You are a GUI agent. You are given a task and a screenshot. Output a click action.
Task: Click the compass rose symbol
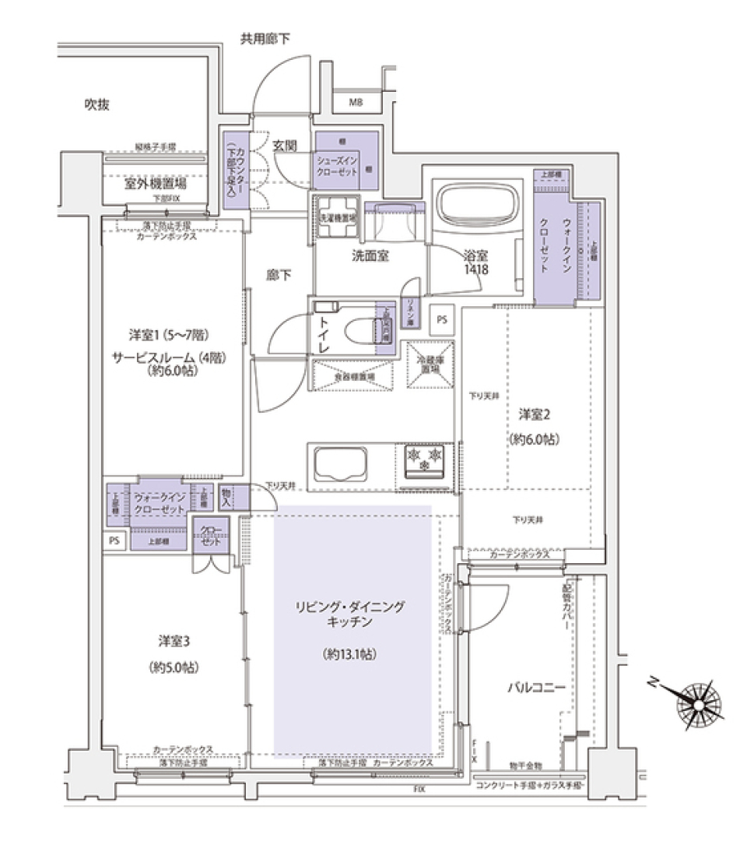(x=700, y=704)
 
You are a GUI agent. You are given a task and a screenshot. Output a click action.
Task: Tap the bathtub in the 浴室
(x=477, y=204)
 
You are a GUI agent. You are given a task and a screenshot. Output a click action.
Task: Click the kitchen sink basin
(x=340, y=465)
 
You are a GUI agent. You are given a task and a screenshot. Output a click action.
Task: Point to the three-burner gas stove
(x=425, y=458)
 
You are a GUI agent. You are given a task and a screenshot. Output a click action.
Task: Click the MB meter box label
(x=355, y=102)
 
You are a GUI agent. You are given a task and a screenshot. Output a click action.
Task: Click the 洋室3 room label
(x=175, y=641)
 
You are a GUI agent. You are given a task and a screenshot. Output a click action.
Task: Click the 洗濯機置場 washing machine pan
(x=335, y=214)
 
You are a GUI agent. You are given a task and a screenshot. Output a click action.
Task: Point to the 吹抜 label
(x=96, y=104)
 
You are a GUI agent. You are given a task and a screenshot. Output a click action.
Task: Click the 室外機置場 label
(x=155, y=185)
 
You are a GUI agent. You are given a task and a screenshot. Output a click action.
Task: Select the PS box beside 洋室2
(x=442, y=319)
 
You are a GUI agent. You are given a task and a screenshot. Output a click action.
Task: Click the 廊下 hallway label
(x=279, y=275)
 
